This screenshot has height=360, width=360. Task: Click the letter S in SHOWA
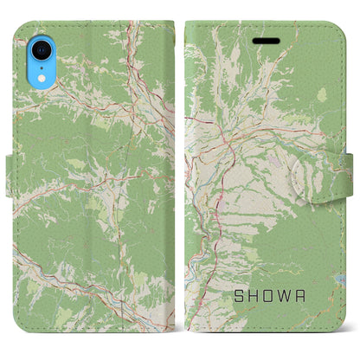tap(235, 296)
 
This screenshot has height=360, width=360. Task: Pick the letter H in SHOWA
tap(253, 296)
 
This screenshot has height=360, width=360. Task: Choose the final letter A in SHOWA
tap(307, 296)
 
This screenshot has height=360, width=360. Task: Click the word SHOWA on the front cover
tap(271, 296)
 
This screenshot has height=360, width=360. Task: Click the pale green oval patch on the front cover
tap(323, 95)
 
